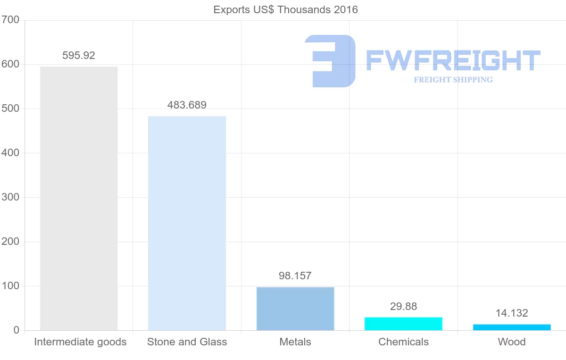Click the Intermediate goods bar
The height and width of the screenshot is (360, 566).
pyautogui.click(x=79, y=198)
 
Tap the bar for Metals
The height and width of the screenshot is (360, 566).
pyautogui.click(x=295, y=309)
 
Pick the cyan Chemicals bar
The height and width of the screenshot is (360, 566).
pyautogui.click(x=403, y=324)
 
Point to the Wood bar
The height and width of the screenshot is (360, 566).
pyautogui.click(x=512, y=327)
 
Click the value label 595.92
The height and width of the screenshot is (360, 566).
pyautogui.click(x=79, y=56)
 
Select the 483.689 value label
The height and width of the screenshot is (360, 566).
pyautogui.click(x=187, y=105)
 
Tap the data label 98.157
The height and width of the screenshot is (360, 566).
pyautogui.click(x=295, y=276)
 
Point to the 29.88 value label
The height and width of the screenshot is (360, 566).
pyautogui.click(x=403, y=307)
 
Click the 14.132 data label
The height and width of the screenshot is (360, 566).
pyautogui.click(x=512, y=313)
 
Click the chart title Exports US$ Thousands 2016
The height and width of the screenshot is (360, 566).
pyautogui.click(x=286, y=9)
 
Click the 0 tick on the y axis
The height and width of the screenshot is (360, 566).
pyautogui.click(x=17, y=330)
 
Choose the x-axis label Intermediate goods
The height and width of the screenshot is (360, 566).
pyautogui.click(x=80, y=342)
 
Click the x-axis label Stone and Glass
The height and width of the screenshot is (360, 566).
pyautogui.click(x=187, y=342)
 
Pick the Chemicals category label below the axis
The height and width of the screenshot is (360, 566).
pyautogui.click(x=403, y=342)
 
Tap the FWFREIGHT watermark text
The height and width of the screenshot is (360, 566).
pyautogui.click(x=453, y=60)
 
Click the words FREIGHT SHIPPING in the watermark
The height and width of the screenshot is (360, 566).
pyautogui.click(x=453, y=80)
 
